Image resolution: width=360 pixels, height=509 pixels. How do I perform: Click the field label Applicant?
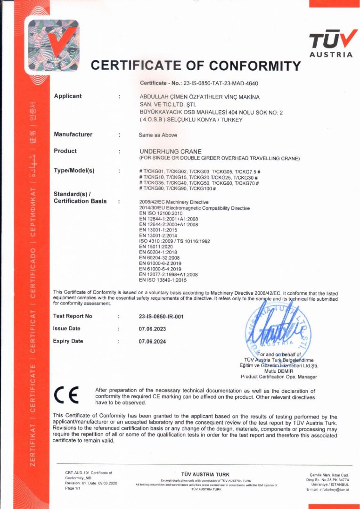click(68, 96)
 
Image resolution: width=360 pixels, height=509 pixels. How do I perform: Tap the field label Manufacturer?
click(73, 134)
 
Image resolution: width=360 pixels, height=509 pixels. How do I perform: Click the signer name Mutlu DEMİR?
click(278, 371)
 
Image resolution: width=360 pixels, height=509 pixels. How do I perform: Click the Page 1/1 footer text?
click(73, 488)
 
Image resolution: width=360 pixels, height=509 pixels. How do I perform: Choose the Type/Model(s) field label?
click(74, 171)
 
